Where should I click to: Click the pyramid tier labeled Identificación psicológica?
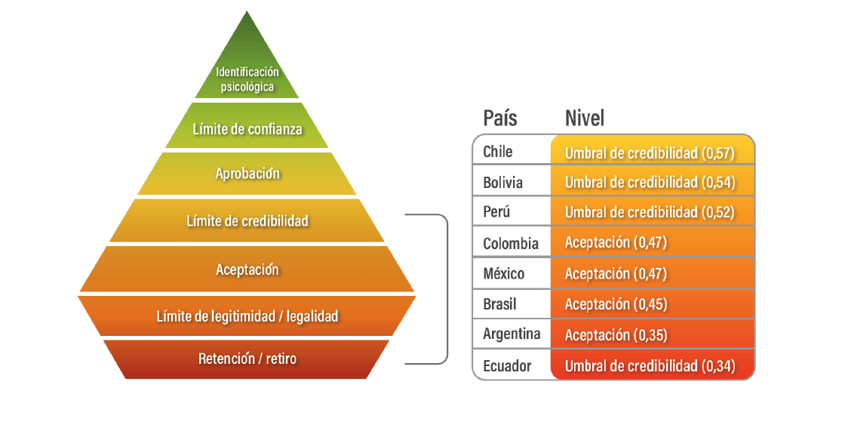click(247, 78)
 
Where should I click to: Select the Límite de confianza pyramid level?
click(247, 129)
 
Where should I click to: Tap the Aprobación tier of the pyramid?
click(247, 174)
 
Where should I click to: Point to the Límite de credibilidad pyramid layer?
click(247, 221)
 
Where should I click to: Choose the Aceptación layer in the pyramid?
click(247, 269)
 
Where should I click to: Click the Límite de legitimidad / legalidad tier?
click(247, 316)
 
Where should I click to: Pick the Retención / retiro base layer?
click(247, 359)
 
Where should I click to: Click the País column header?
click(500, 118)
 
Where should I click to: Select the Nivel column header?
click(585, 118)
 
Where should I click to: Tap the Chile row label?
click(498, 152)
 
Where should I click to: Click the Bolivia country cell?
click(503, 183)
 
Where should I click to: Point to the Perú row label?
click(496, 212)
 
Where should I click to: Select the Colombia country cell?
click(511, 243)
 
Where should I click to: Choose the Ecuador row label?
click(507, 366)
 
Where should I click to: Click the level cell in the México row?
click(653, 274)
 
